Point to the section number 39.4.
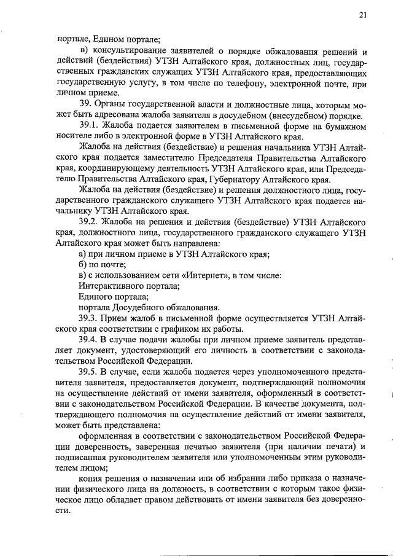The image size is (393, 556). coord(90,339)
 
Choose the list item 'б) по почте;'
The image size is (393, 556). coord(102,265)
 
